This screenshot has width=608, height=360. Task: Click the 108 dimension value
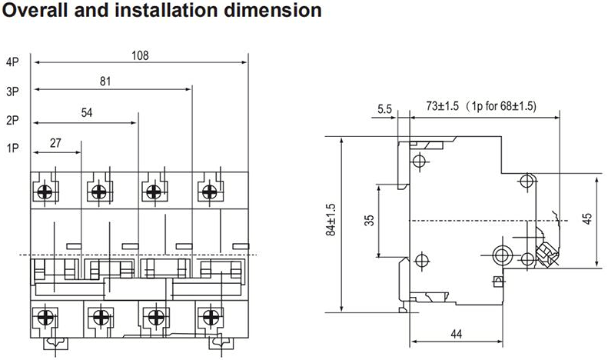tap(139, 55)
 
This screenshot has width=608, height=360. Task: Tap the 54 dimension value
tap(87, 113)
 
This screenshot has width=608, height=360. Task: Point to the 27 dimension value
tap(55, 142)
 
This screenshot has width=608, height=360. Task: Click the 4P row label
tap(12, 62)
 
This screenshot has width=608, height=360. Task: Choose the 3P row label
tap(12, 92)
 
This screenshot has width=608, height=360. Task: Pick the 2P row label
tap(12, 120)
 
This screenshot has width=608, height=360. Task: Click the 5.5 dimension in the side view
tap(384, 109)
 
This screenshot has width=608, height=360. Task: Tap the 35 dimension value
tap(370, 220)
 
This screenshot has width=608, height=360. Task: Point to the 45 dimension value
tap(587, 218)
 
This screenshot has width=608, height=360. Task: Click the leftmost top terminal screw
tap(45, 191)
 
